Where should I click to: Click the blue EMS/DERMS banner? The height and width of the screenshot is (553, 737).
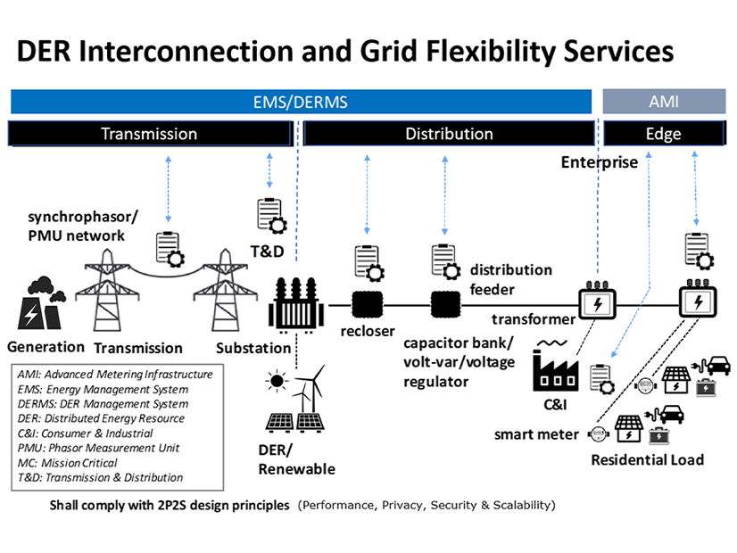(301, 102)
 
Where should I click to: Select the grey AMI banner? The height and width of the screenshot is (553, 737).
(663, 102)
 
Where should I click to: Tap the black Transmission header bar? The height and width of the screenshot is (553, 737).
(149, 134)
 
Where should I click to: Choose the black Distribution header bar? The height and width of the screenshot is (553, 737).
(449, 134)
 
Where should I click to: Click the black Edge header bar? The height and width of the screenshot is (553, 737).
(663, 134)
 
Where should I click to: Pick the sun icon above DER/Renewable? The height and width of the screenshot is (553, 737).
(277, 383)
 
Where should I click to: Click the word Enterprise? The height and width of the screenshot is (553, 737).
(599, 162)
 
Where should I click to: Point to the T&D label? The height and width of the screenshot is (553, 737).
(265, 252)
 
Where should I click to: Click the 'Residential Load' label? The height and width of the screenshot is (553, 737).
(647, 459)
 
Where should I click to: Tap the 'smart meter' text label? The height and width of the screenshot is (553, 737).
(535, 434)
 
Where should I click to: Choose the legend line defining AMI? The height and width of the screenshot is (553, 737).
(115, 374)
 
